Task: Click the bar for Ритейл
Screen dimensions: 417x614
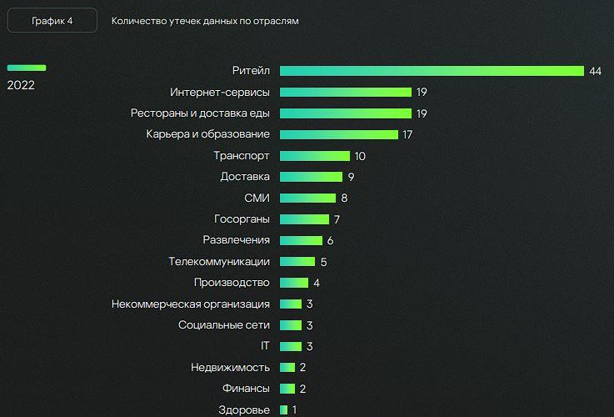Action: [x=432, y=71]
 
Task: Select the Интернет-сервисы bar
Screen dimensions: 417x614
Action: [x=346, y=92]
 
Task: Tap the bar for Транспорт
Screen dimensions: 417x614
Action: [x=315, y=155]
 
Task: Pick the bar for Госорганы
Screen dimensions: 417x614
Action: [x=304, y=219]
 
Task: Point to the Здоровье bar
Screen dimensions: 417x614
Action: [x=284, y=409]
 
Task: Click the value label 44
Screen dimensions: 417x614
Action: [x=595, y=71]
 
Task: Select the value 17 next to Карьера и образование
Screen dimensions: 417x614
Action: [x=407, y=134]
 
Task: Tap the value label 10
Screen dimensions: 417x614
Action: [x=360, y=156]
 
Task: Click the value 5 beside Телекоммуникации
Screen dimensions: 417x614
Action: [x=323, y=262]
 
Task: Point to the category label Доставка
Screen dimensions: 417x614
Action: [x=245, y=177]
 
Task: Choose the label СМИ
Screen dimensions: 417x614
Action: [x=257, y=198]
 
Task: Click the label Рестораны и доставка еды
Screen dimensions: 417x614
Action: [x=200, y=113]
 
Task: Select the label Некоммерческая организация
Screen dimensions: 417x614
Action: [x=190, y=304]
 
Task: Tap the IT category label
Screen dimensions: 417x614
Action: [x=265, y=346]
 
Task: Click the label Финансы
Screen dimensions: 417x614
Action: [x=246, y=389]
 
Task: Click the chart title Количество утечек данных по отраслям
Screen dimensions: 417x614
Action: [x=205, y=21]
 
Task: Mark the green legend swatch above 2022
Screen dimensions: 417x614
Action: [x=27, y=68]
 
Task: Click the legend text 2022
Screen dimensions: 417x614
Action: [x=21, y=84]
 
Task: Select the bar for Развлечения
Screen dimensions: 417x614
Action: [x=301, y=240]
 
